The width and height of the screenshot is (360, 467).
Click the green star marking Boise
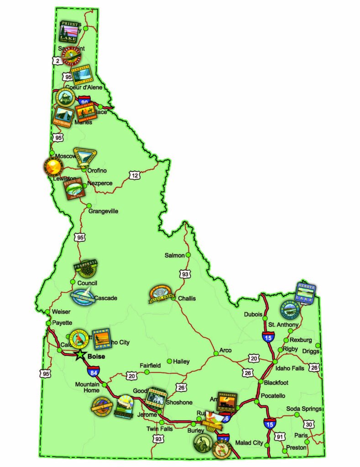[80, 354]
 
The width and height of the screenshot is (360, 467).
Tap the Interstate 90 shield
[84, 101]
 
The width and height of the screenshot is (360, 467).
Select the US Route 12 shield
[134, 175]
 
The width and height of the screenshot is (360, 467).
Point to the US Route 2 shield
[57, 61]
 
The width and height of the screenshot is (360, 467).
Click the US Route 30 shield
[309, 425]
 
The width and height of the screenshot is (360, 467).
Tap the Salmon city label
[174, 255]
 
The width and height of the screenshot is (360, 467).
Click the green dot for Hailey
[170, 361]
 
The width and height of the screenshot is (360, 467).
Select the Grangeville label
[103, 211]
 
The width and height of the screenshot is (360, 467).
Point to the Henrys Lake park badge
[305, 293]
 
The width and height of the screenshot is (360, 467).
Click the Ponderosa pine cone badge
[85, 270]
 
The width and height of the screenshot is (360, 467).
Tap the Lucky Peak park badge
[100, 339]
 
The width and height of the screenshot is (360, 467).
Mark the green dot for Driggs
[318, 345]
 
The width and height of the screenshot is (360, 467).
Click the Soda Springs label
[304, 409]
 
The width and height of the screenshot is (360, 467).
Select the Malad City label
[249, 443]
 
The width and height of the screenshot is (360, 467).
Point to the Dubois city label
[253, 315]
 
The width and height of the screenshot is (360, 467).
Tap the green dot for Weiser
[48, 312]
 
